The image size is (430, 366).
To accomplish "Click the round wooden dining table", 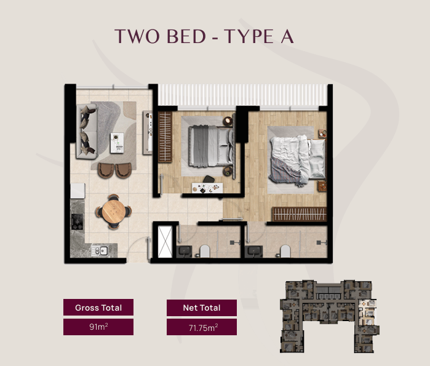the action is coord(114,212).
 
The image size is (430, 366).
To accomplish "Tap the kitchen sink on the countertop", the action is coord(100,250).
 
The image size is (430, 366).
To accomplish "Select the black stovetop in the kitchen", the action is coord(78,221).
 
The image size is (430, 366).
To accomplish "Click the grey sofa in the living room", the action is coord(87,131).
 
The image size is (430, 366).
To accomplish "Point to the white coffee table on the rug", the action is coord(117,143).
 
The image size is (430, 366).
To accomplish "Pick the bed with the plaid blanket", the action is coord(297,161).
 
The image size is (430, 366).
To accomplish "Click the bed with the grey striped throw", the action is coord(211,146).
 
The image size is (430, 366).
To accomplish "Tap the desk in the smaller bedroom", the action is coord(207,188).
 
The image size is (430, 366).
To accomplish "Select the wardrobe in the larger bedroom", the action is coord(299,214).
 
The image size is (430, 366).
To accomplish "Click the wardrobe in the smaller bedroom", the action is coord(165,137).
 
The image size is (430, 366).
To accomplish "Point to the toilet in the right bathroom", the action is coord(285,251).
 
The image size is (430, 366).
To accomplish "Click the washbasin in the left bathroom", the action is coord(185,252).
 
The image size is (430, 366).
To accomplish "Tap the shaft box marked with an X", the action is coord(165,242).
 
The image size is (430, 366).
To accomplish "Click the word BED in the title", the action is coord(186,36).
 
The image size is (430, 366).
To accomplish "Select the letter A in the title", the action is coord(287,36).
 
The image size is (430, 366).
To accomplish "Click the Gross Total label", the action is coord(98,308).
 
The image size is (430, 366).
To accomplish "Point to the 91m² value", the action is coord(98,327).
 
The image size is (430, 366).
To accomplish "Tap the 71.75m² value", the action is coord(203,328).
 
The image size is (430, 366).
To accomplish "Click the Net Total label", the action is coord(202,308).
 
